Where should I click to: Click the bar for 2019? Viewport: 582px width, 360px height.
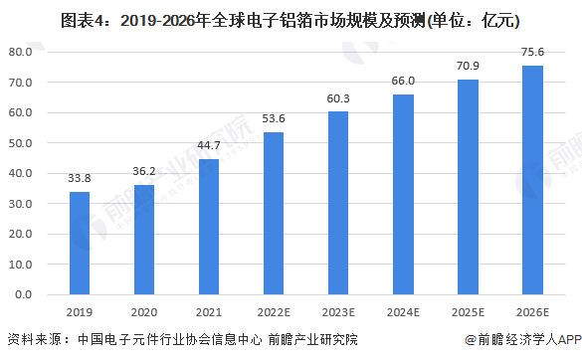80,244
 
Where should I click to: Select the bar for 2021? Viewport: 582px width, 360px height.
209,227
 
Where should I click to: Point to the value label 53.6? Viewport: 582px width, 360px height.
274,119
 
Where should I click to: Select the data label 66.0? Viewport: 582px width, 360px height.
403,82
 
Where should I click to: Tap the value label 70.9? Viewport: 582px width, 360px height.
468,67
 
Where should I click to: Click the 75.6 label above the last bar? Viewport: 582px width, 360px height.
532,53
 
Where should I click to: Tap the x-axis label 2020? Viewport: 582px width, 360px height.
144,311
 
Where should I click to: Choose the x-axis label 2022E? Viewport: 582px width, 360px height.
274,311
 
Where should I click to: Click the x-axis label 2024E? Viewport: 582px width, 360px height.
403,311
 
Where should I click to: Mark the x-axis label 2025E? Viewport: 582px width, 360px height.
468,311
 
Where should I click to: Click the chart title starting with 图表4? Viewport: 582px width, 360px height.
291,17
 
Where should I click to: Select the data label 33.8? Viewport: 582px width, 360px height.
80,180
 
